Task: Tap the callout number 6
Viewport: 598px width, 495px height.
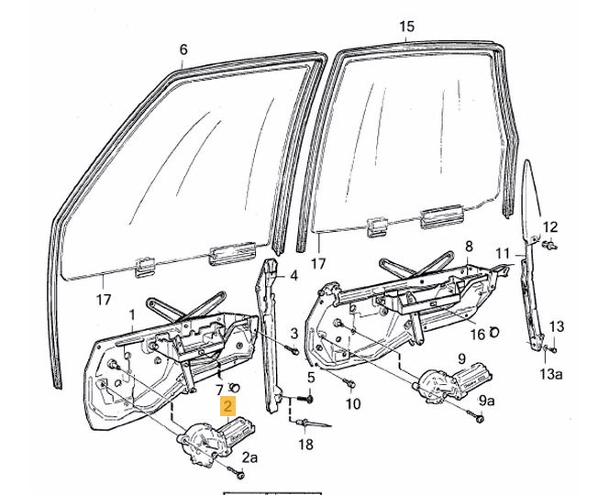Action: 183,49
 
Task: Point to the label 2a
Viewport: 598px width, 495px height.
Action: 249,456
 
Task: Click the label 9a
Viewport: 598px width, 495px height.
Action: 487,400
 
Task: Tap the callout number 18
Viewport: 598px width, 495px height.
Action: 305,445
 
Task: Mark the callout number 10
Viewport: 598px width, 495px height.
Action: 353,404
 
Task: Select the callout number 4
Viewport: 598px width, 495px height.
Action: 293,275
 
